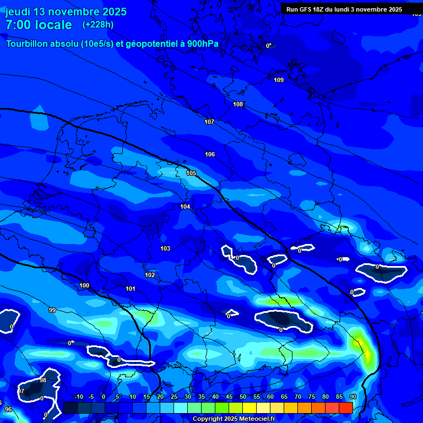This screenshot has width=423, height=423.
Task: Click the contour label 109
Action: coord(279,80)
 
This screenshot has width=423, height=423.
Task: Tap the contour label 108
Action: coord(238,105)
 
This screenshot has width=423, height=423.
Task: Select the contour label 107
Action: coord(209,122)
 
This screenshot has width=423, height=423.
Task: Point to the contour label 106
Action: coord(210,155)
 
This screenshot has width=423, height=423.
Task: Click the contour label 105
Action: coord(191,173)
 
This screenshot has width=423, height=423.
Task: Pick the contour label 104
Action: coord(185,207)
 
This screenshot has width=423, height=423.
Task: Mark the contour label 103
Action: coord(165,249)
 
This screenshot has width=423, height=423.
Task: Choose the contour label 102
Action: coord(150,275)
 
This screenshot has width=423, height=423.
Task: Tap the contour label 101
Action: coord(131,289)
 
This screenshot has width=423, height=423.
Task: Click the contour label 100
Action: coord(84,286)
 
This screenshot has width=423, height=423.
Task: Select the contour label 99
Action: coord(52,311)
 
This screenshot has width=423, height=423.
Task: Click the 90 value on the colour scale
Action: coord(352,397)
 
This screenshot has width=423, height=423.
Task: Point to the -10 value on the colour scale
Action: coord(79,397)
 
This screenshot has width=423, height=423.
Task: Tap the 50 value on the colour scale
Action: coord(243,397)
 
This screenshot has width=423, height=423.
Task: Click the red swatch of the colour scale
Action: coord(346,408)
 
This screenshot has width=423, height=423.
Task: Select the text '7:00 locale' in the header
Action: coord(39,25)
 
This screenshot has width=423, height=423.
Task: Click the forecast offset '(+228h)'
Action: coord(98,25)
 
